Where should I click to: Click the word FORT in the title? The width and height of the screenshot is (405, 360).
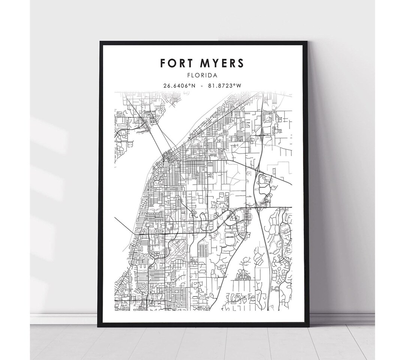176,63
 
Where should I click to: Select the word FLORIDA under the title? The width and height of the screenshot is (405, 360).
202,75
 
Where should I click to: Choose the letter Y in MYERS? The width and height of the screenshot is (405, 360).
216,63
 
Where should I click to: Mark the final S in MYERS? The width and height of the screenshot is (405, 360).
240,63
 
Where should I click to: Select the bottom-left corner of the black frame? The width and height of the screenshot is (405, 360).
99,326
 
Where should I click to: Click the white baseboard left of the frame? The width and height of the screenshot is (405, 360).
64,319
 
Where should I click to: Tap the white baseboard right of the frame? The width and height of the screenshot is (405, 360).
341,319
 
